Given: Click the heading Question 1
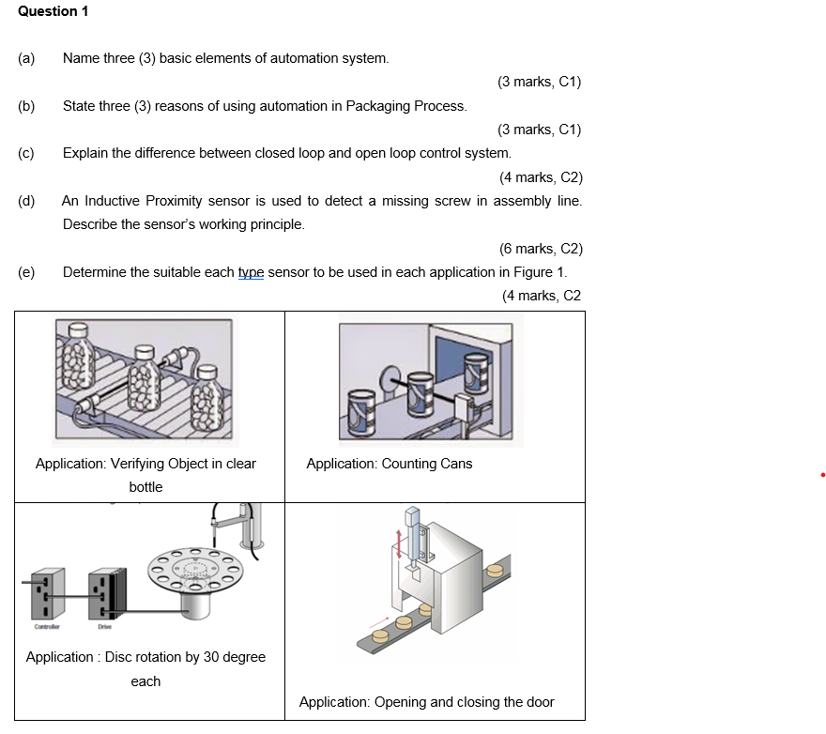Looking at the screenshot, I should coord(54,11).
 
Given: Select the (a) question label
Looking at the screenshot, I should coord(26,58).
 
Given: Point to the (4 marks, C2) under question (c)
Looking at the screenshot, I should coord(541,177).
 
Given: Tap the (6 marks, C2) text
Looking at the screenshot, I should coord(541,249).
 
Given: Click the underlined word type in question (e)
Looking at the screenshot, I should coord(251,272).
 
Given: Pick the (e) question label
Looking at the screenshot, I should coord(26,272).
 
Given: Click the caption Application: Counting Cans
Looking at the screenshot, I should coord(390,464).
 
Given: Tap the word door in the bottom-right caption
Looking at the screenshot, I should coord(539,702).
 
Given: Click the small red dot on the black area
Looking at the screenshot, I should coord(822,476).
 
